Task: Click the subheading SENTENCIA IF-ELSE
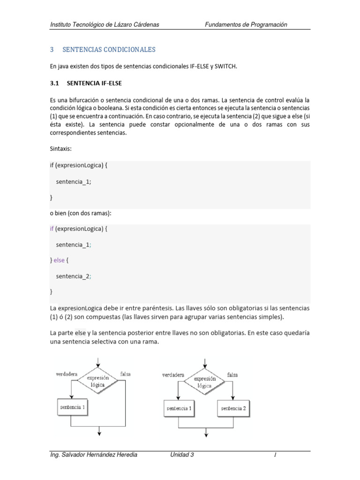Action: click(x=95, y=83)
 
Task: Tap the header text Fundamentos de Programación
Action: click(x=246, y=24)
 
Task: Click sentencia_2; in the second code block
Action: click(x=74, y=276)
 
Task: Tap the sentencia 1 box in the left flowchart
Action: click(x=73, y=407)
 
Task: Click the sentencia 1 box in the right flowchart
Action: click(x=179, y=408)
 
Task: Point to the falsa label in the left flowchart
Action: click(x=126, y=374)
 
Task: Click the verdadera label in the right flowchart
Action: click(x=173, y=375)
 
